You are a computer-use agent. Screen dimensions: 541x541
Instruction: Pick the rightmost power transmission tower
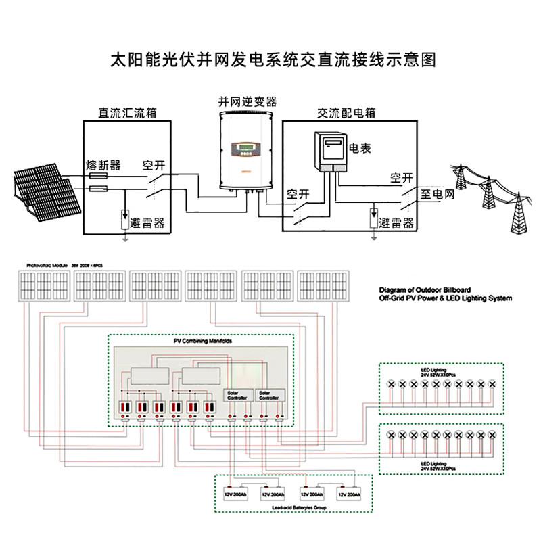pyautogui.click(x=518, y=206)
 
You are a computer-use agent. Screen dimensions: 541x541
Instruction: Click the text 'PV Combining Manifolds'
pyautogui.click(x=203, y=342)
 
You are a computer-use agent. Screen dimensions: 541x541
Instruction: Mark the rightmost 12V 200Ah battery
pyautogui.click(x=352, y=494)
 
